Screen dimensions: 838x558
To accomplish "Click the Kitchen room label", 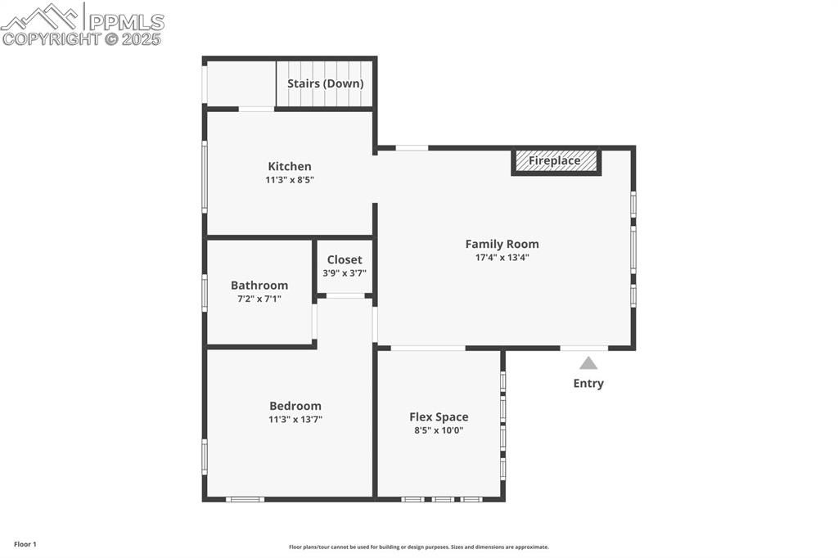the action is coord(290,166).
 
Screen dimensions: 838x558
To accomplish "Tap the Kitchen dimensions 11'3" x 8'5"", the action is coord(290,179).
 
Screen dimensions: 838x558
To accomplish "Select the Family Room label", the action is coord(502,245).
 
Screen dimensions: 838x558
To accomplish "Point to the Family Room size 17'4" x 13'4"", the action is coord(502,258).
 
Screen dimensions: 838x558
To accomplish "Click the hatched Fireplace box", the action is coord(556,161).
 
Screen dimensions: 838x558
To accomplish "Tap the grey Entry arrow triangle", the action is coord(588,363).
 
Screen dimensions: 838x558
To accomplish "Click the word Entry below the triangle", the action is coord(588,383).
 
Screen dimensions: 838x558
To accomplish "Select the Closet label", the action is coord(345,259).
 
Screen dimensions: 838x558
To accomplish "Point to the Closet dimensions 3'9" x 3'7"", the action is coord(345,273).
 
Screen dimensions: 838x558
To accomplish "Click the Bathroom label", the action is coord(259,286).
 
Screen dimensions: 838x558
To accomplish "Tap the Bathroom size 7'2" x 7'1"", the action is coord(259,299).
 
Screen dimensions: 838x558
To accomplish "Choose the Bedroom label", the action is coord(295,406).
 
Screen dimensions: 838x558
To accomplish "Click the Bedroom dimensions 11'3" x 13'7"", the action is coord(295,420).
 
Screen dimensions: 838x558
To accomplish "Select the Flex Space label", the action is coord(439,417).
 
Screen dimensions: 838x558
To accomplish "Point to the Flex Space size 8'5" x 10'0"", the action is coord(439,430).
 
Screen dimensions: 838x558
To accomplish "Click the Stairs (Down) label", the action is coord(326,83).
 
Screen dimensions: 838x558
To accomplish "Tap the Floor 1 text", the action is coord(25,544).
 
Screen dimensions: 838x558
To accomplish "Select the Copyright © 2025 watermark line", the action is coord(81,39).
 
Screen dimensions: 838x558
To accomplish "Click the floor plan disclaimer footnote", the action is coord(419,547).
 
